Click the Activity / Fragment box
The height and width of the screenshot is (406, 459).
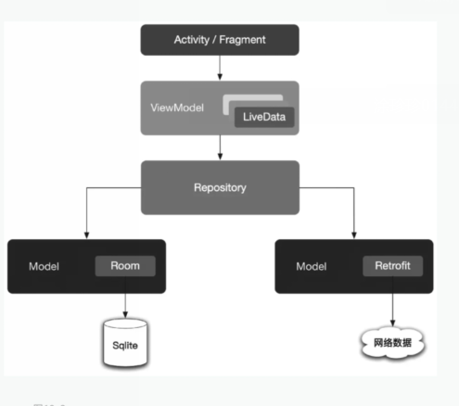[219, 40]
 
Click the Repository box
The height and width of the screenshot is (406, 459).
[220, 187]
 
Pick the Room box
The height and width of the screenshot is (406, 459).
[124, 265]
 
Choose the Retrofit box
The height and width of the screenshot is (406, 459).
[392, 265]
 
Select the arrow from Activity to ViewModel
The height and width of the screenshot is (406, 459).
[220, 68]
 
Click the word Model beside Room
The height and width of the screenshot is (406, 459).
[45, 266]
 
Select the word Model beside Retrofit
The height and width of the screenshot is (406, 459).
[312, 266]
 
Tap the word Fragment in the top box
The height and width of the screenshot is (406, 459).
[241, 40]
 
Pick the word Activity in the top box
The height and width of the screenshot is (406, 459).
[192, 40]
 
